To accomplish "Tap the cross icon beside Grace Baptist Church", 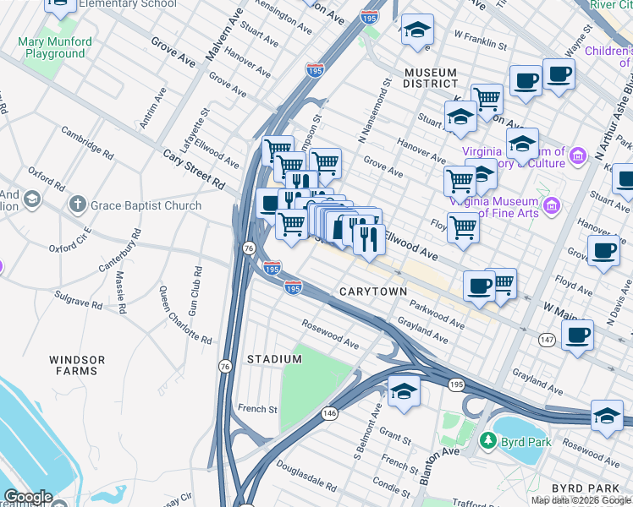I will pyautogui.click(x=77, y=204).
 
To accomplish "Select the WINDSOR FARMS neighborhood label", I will pyautogui.click(x=77, y=365).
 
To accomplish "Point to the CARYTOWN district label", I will pyautogui.click(x=372, y=291).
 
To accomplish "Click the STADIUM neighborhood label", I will pyautogui.click(x=274, y=359).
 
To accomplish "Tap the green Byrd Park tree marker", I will pyautogui.click(x=487, y=441).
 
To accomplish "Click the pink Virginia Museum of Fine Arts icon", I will pyautogui.click(x=551, y=205).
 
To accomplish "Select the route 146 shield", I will pyautogui.click(x=329, y=414).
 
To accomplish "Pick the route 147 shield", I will pyautogui.click(x=547, y=339).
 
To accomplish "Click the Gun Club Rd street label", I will pyautogui.click(x=195, y=292).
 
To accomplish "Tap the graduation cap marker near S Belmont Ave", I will pyautogui.click(x=404, y=391).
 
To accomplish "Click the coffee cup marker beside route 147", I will pyautogui.click(x=577, y=335).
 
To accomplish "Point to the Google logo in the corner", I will pyautogui.click(x=27, y=497).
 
